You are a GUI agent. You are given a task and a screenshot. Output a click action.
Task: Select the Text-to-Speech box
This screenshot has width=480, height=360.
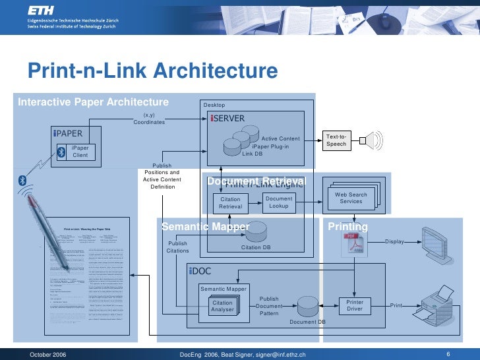336,140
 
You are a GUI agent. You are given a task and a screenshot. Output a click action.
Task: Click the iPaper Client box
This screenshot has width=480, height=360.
80,152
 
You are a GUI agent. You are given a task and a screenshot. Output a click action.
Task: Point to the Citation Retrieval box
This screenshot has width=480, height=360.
231,202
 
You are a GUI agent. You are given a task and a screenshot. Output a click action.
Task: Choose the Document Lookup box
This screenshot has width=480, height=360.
279,202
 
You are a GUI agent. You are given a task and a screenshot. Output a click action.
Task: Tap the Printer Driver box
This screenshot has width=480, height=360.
355,305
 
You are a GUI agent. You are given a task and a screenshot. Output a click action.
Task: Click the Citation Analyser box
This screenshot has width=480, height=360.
222,306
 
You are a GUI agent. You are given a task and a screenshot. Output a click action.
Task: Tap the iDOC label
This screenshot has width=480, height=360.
200,271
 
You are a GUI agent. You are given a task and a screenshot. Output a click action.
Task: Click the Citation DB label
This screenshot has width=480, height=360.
256,247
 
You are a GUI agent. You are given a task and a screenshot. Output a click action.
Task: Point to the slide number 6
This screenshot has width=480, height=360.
448,354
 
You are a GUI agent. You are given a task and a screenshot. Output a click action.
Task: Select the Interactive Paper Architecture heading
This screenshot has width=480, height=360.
93,102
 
